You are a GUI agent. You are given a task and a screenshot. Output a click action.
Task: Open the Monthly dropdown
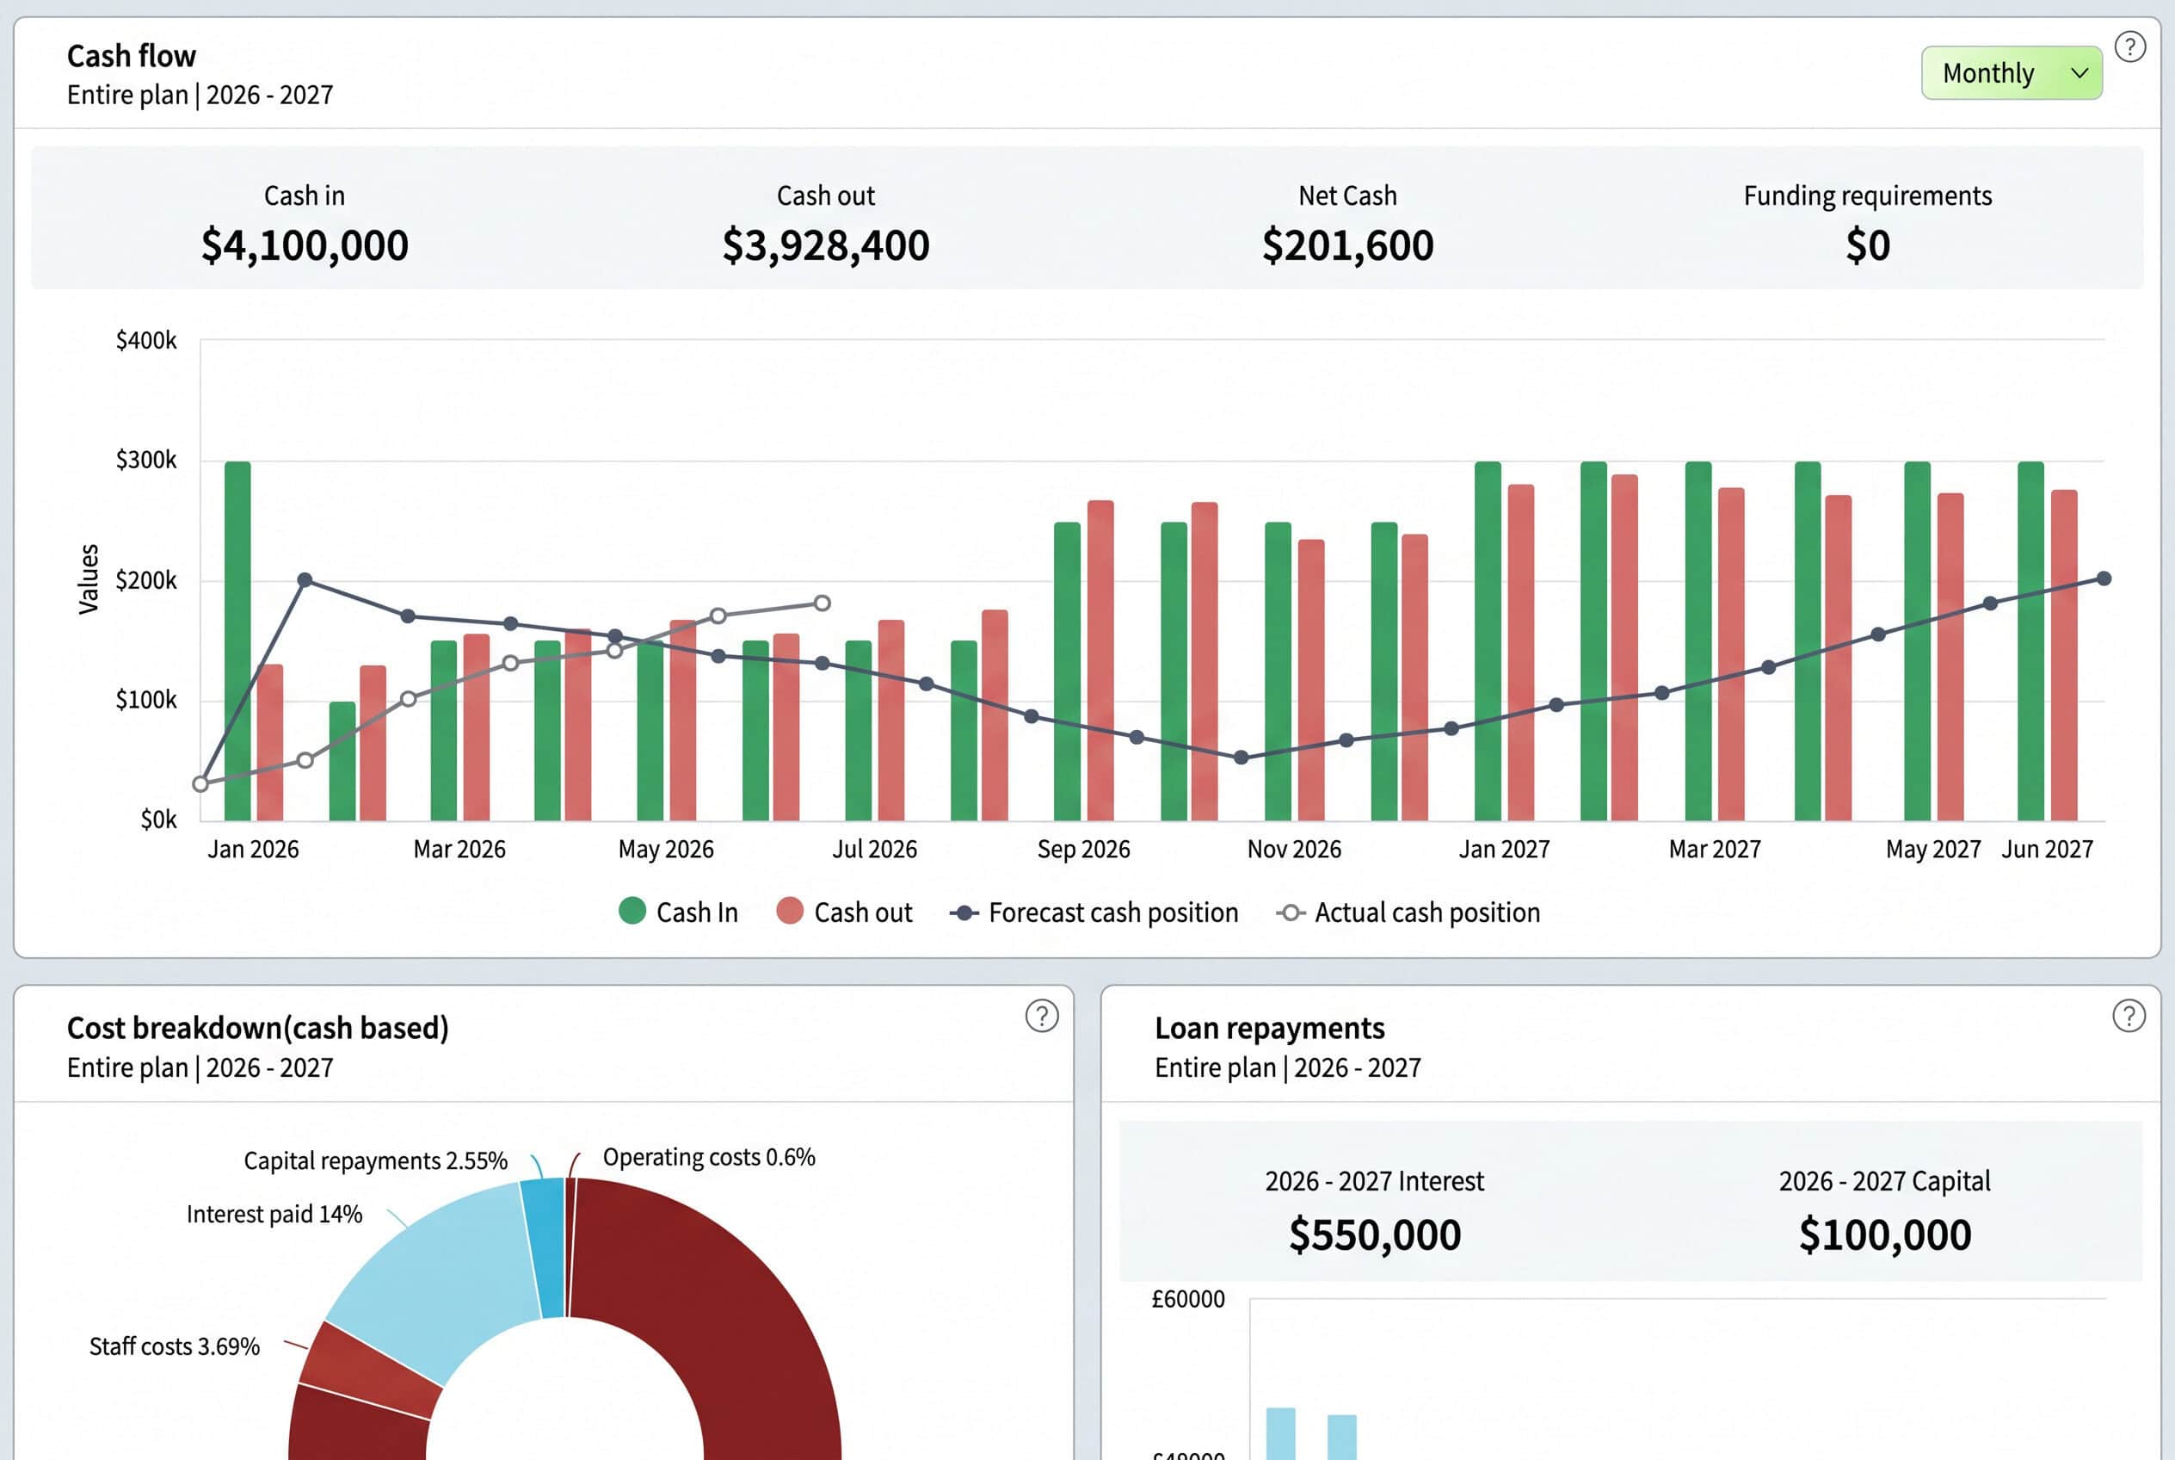(x=2012, y=72)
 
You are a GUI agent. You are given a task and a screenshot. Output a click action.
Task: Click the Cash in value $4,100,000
(x=305, y=244)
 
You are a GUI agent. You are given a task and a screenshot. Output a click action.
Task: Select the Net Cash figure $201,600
(x=1347, y=244)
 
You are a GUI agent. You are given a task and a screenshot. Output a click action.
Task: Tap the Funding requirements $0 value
(x=1868, y=244)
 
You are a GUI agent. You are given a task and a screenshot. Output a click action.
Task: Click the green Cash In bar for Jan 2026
(x=237, y=640)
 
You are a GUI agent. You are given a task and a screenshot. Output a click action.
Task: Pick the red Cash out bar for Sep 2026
(x=1100, y=660)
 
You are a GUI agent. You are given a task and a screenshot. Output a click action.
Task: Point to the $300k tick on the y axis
(x=146, y=459)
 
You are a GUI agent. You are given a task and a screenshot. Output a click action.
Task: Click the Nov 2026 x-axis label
(x=1294, y=849)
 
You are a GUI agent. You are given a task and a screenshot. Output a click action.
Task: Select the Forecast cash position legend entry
(x=1094, y=912)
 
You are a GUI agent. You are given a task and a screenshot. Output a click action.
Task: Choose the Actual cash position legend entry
(x=1408, y=912)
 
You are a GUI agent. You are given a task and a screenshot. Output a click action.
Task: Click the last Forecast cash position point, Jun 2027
(x=2104, y=578)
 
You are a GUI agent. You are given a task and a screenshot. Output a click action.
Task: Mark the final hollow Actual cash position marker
(x=822, y=603)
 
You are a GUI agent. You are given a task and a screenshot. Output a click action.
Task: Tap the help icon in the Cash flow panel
(x=2129, y=46)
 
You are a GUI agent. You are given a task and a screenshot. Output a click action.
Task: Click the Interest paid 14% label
(x=274, y=1214)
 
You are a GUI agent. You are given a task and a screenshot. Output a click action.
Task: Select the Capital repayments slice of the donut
(x=544, y=1247)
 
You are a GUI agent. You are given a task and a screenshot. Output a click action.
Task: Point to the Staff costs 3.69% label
(x=174, y=1346)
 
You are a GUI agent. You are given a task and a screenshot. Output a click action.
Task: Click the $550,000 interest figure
(x=1375, y=1234)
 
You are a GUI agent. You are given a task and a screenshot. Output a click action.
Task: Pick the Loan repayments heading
(x=1269, y=1028)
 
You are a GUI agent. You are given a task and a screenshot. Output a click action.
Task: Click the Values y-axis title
(x=89, y=579)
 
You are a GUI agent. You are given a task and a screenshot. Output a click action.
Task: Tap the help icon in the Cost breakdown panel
(x=1041, y=1016)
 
